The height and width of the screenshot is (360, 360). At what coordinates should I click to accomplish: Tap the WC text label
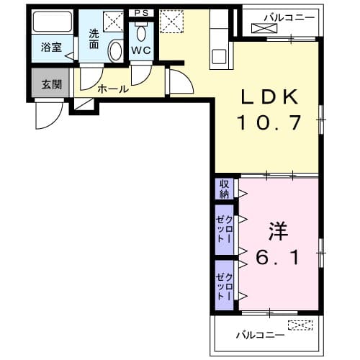click(140, 51)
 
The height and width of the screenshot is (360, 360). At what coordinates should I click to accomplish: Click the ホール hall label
click(113, 89)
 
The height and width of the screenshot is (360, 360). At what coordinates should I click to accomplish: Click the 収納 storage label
click(225, 188)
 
